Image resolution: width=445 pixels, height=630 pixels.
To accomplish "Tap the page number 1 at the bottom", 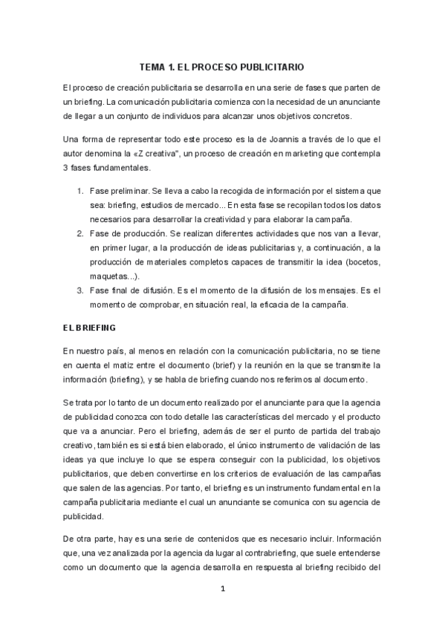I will click(x=222, y=589).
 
